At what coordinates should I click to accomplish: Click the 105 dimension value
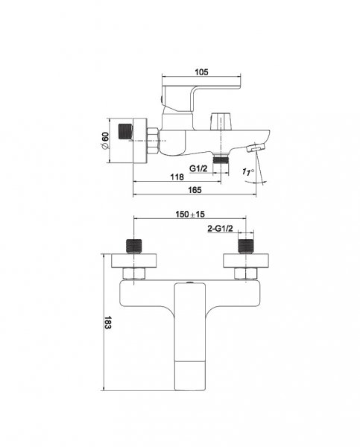pyautogui.click(x=201, y=72)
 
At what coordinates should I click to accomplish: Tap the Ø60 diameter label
pyautogui.click(x=104, y=140)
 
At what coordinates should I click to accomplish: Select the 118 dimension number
pyautogui.click(x=177, y=177)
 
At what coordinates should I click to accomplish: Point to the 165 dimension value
pyautogui.click(x=195, y=190)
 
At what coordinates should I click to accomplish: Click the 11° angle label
pyautogui.click(x=248, y=171)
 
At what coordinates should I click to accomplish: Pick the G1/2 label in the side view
pyautogui.click(x=198, y=168)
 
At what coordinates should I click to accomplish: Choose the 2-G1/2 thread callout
pyautogui.click(x=220, y=229)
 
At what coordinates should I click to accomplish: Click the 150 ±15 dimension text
pyautogui.click(x=190, y=214)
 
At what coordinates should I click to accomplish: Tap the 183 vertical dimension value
pyautogui.click(x=107, y=322)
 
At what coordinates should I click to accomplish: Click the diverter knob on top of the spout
pyautogui.click(x=221, y=121)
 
